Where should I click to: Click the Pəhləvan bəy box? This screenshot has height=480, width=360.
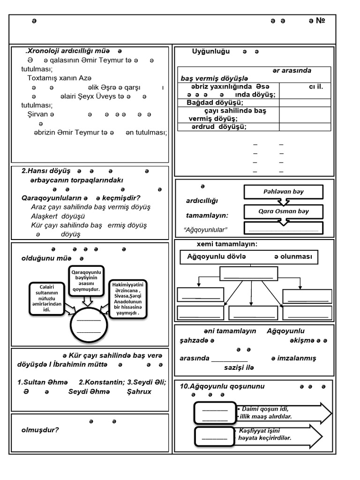(x=283, y=192)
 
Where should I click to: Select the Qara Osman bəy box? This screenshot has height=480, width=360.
(x=284, y=211)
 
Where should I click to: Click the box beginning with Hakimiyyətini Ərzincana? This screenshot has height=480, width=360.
(x=127, y=299)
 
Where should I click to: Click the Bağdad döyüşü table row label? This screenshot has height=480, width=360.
(x=215, y=103)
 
